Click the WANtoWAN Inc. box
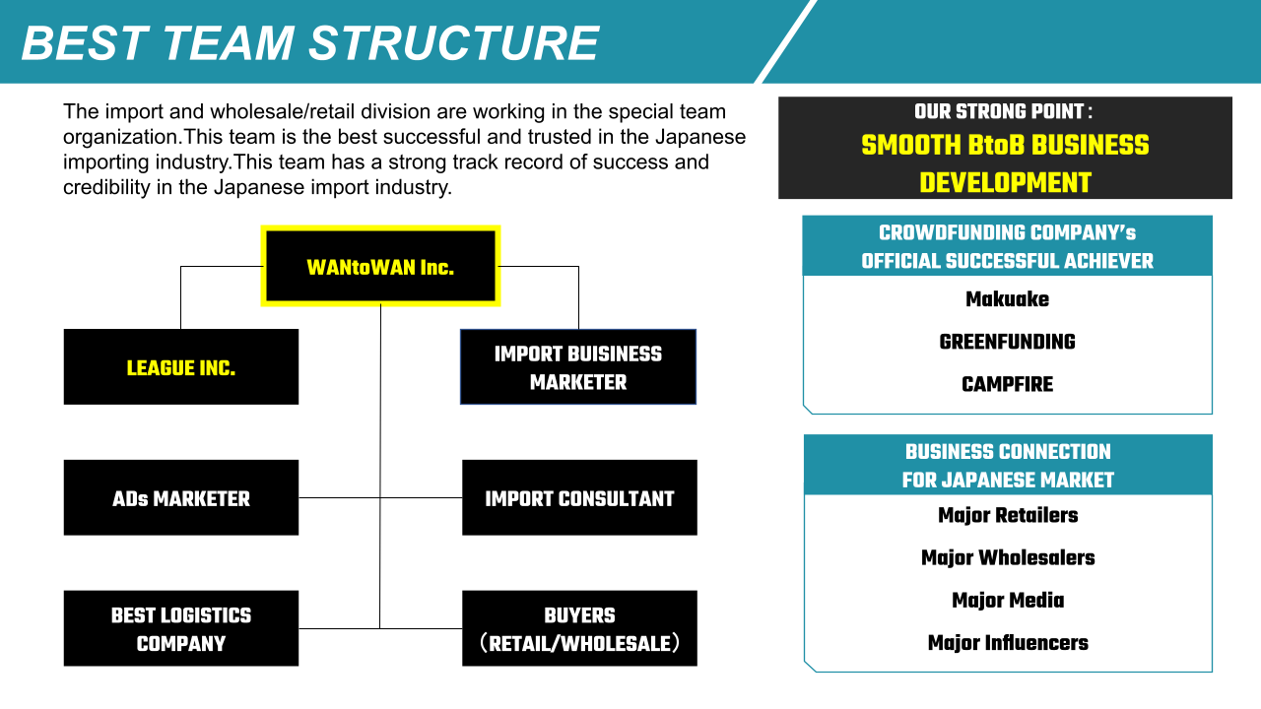[x=380, y=266]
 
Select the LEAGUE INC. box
[x=181, y=367]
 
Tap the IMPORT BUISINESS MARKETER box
[x=578, y=367]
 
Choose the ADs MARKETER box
[x=181, y=497]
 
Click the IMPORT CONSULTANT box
[x=579, y=497]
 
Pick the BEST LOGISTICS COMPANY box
[x=181, y=628]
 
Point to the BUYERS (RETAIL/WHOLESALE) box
[x=579, y=628]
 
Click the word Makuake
[x=1007, y=298]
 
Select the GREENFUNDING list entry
[x=1007, y=342]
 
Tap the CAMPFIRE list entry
[x=1007, y=384]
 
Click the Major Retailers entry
[x=1008, y=515]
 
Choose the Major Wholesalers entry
[x=1008, y=557]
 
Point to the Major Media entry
[x=1008, y=601]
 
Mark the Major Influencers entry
[x=1008, y=643]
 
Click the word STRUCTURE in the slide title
[x=454, y=42]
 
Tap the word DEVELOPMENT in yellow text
[x=1006, y=183]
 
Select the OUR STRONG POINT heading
[x=1003, y=111]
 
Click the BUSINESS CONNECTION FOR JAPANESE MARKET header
[x=1008, y=466]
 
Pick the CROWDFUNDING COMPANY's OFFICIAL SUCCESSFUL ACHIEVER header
[x=1007, y=246]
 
